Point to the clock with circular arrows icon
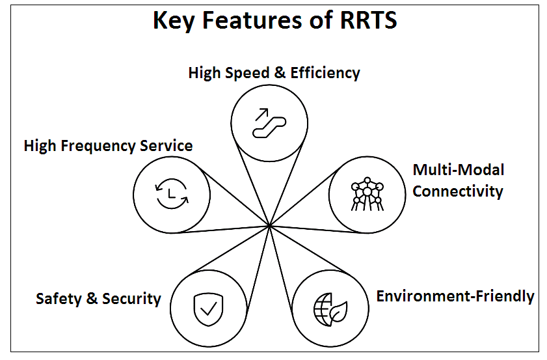[171, 193]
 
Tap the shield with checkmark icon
[207, 309]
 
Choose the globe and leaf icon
[330, 309]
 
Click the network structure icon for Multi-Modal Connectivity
[367, 193]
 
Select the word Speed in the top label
[248, 73]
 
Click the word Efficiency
[325, 73]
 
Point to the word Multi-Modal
[459, 170]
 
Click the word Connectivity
[458, 191]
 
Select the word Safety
[58, 299]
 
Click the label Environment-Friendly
[455, 296]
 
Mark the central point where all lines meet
[269, 226]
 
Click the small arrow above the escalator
[262, 114]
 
